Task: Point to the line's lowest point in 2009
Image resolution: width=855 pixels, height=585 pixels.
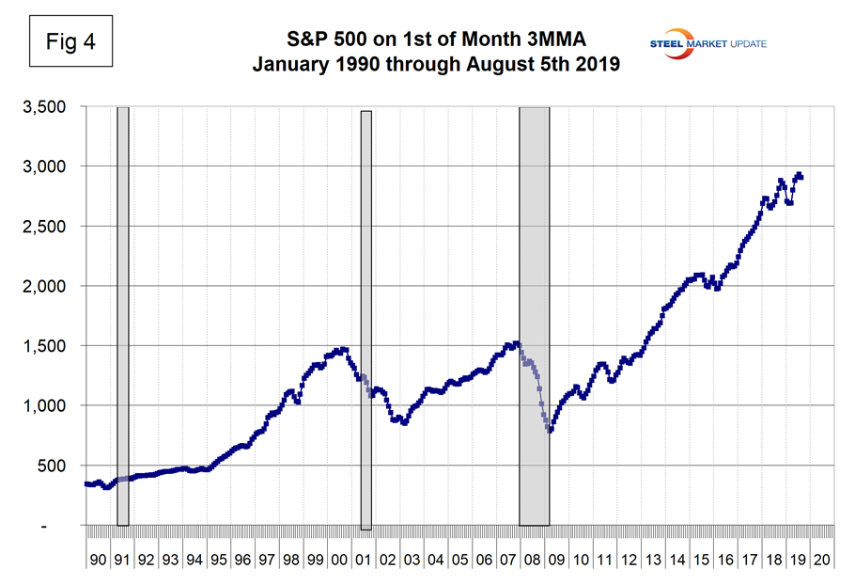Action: [549, 431]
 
